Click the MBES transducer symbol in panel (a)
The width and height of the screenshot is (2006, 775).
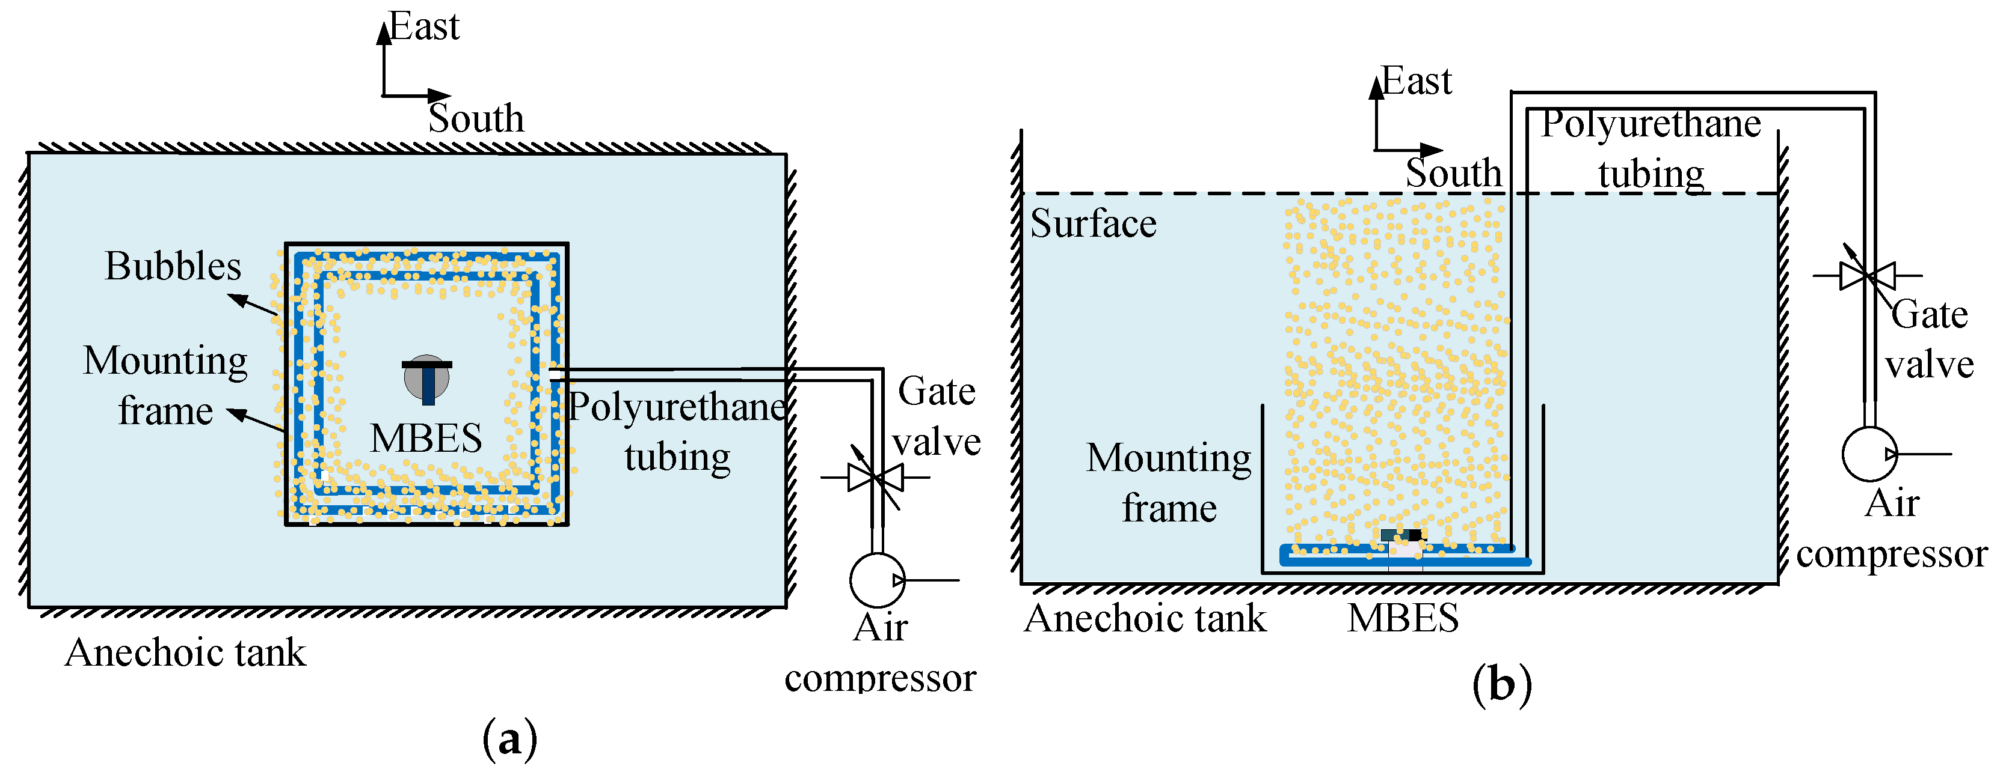point(426,379)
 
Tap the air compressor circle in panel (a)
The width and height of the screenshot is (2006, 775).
point(877,580)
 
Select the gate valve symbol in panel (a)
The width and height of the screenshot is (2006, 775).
point(876,477)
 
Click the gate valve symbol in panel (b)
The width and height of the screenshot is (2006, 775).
point(1868,275)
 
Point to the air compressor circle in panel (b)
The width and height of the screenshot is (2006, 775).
point(1869,454)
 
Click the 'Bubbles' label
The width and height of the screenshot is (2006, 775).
point(173,266)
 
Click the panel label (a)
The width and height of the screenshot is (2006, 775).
point(510,739)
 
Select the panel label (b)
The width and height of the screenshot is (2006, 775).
point(1501,685)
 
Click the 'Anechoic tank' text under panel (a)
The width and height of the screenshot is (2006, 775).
point(185,652)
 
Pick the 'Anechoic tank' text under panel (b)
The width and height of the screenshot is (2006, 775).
point(1145,619)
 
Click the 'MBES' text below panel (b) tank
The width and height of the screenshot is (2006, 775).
point(1403,619)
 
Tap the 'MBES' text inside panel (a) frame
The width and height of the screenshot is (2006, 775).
point(426,438)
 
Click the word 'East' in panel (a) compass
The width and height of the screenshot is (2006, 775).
point(425,27)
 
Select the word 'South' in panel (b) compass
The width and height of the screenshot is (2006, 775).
point(1453,173)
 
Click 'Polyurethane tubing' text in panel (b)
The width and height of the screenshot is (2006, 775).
point(1651,148)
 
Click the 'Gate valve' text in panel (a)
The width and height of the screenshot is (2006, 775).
point(936,416)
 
